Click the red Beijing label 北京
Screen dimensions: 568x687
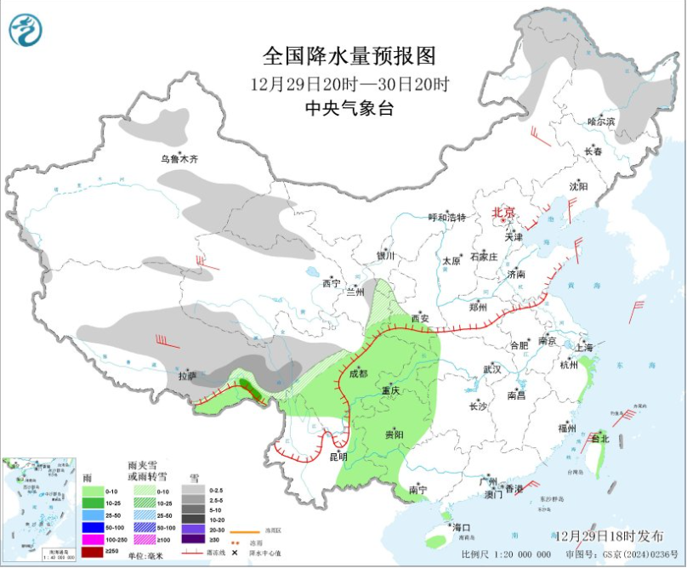pos(504,212)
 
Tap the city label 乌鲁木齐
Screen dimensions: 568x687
pos(179,159)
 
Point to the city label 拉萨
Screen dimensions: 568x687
pos(187,376)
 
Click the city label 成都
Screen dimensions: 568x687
pos(357,373)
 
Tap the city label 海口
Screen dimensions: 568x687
pos(462,528)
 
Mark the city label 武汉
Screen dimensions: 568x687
pos(491,369)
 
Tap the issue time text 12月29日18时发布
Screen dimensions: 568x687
pos(610,537)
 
